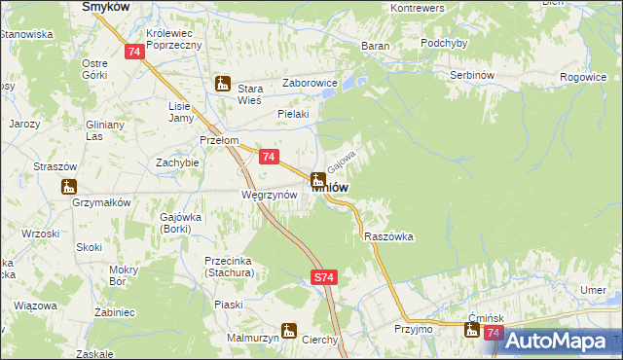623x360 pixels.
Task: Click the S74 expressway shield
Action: point(325,278)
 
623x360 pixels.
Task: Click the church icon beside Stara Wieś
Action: point(223,84)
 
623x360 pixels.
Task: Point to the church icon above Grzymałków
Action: point(68,187)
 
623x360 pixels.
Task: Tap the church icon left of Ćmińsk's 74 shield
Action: point(472,332)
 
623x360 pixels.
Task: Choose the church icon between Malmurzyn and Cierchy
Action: point(289,330)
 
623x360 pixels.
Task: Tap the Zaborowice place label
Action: point(310,83)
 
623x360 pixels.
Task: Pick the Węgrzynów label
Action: point(262,194)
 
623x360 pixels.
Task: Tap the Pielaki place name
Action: point(293,114)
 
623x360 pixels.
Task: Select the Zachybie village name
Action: point(178,162)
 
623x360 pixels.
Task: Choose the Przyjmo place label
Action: point(414,329)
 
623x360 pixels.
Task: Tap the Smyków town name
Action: point(107,6)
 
